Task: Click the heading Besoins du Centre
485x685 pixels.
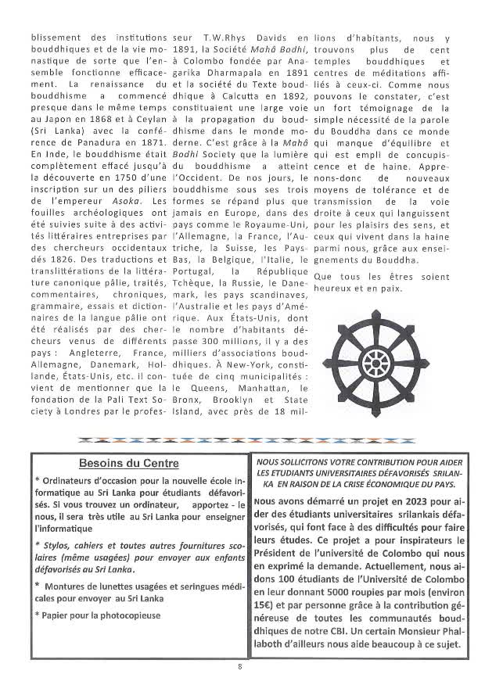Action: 128,462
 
